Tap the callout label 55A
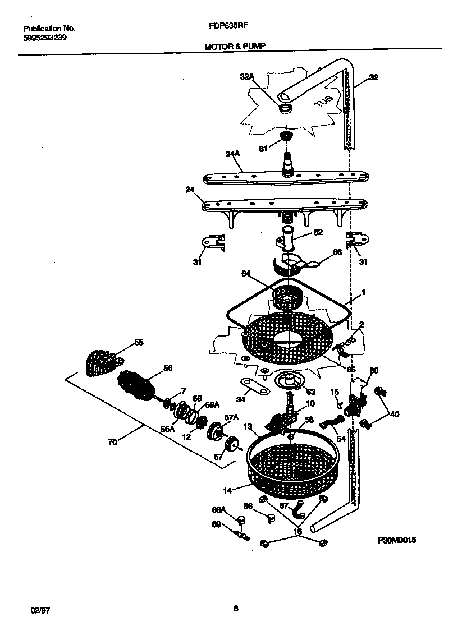[x=168, y=428]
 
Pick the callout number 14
[x=227, y=490]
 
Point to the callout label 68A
[x=219, y=509]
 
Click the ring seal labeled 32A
[x=286, y=107]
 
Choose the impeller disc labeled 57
[x=230, y=446]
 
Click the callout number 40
[x=395, y=415]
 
